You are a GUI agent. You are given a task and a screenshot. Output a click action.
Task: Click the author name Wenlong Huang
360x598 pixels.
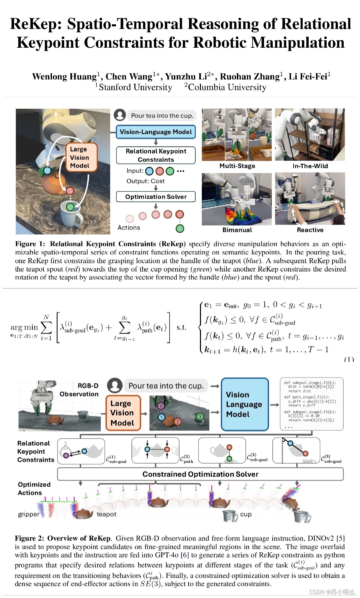(64, 77)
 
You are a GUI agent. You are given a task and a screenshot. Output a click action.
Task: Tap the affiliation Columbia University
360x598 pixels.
(227, 87)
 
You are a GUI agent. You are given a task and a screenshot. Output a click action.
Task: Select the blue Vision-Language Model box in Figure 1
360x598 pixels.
(156, 132)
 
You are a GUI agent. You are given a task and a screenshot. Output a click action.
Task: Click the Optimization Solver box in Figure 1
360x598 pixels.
(156, 197)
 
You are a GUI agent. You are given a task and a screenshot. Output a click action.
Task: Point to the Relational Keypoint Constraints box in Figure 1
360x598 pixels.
(156, 155)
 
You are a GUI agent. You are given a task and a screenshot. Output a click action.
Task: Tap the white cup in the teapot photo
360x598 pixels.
(71, 213)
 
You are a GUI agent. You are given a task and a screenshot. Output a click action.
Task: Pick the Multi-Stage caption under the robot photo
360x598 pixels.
(237, 166)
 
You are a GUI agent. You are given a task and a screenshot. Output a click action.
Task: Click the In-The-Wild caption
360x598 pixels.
(310, 166)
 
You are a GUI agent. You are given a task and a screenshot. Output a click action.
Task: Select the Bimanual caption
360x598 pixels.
(237, 230)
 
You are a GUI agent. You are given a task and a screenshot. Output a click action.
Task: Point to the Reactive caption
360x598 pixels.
(310, 230)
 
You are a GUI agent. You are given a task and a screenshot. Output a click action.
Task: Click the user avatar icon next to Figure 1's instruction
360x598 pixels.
(120, 115)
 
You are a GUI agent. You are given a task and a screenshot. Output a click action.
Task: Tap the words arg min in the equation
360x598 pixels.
(24, 327)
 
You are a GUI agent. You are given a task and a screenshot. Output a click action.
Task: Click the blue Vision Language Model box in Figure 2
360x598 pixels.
(245, 404)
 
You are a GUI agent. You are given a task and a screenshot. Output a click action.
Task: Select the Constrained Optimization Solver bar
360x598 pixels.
(200, 474)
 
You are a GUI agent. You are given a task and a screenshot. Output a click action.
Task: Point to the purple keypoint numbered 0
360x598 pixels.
(161, 406)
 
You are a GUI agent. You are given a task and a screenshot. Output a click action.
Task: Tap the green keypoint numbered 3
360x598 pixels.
(200, 417)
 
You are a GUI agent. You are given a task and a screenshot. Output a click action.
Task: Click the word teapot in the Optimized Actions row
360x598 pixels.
(106, 514)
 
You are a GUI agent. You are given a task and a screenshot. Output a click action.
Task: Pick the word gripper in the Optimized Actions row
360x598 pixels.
(28, 514)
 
